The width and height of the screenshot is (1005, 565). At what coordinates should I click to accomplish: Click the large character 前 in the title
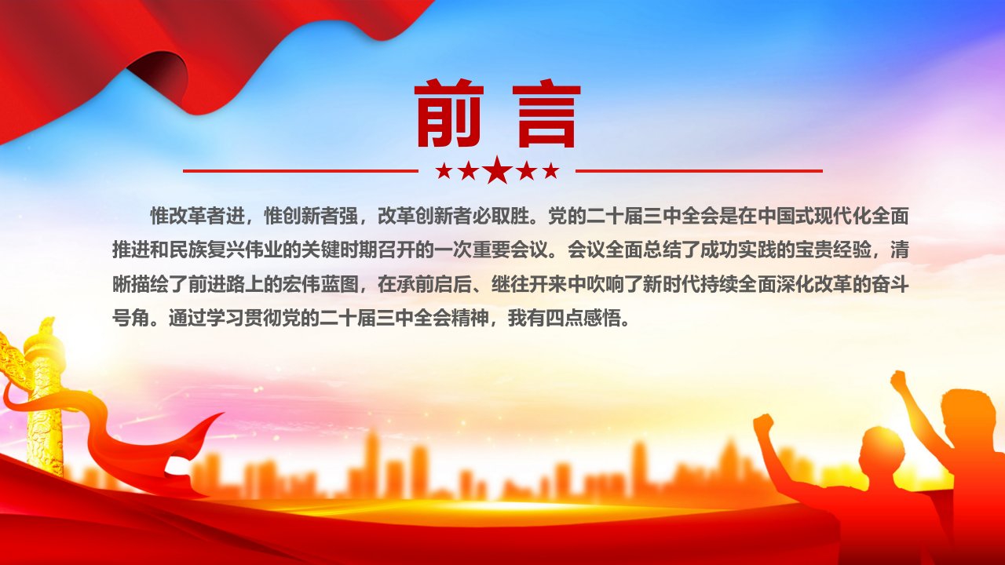point(449,114)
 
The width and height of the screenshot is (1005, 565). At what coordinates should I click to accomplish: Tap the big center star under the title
point(498,169)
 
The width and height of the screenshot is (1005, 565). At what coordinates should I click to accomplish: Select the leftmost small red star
point(444,170)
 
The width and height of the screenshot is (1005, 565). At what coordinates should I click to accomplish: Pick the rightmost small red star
point(551,170)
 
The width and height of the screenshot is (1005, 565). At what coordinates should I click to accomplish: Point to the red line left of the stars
point(301,171)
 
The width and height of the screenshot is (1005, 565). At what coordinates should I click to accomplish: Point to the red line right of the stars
point(699,171)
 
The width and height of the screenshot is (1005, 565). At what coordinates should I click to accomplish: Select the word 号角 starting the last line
point(131,319)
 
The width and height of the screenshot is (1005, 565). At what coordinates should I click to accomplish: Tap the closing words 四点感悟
point(583,319)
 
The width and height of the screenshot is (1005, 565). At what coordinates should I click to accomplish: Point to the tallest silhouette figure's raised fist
point(898,381)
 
